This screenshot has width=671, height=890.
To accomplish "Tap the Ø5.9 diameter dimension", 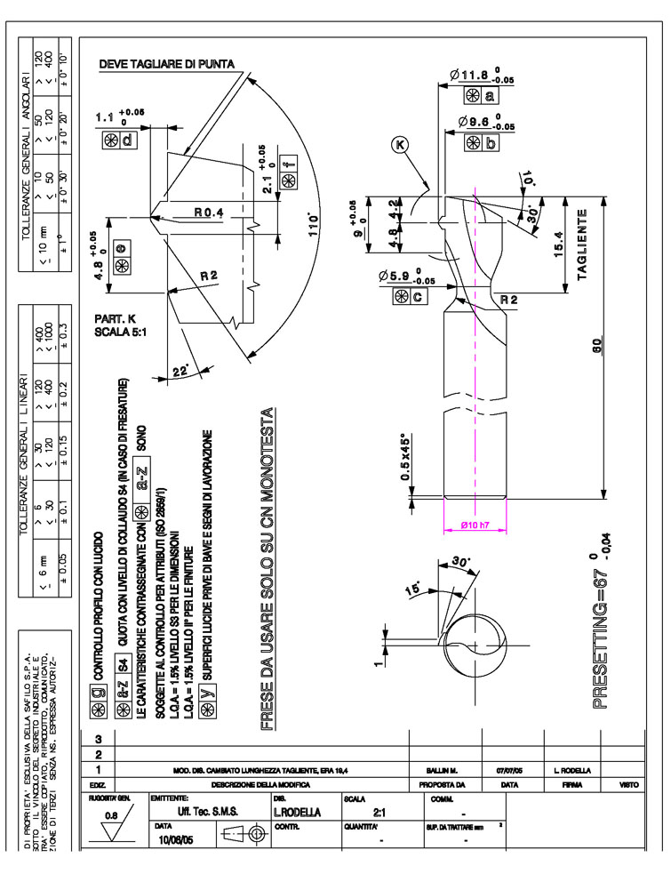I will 402,277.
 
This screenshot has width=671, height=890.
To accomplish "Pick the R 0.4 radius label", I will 210,212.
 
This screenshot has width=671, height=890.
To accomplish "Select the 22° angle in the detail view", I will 181,372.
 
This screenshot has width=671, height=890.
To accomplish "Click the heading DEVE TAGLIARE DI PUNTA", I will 166,63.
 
